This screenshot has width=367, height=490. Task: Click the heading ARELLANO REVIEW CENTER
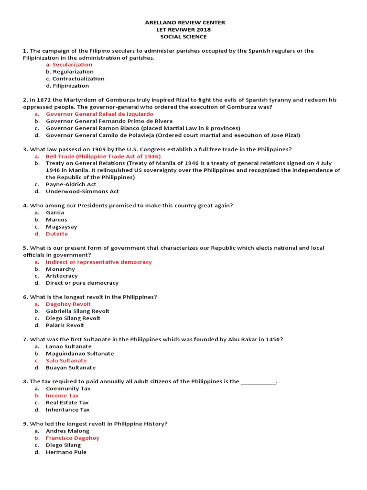[x=184, y=22]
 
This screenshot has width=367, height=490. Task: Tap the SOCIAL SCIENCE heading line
[x=184, y=37]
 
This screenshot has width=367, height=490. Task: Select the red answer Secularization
[x=72, y=65]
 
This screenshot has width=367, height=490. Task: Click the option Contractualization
[x=78, y=78]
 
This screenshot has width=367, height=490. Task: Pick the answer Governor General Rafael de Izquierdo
[x=99, y=114]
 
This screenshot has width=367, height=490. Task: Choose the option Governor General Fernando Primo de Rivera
[x=109, y=121]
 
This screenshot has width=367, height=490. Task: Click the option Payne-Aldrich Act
[x=71, y=184]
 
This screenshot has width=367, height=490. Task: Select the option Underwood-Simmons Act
[x=82, y=191]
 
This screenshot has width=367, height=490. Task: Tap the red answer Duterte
[x=57, y=234]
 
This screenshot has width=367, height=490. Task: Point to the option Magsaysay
[x=61, y=227]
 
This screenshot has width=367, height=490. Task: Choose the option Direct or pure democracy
[x=82, y=283]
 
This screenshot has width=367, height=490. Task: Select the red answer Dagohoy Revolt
[x=68, y=304]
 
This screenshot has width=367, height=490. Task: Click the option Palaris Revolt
[x=65, y=325]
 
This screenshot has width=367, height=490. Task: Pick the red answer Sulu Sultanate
[x=66, y=361]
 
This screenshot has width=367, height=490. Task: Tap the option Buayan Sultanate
[x=71, y=368]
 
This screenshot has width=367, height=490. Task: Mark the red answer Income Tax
[x=62, y=396]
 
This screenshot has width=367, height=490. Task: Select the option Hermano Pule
[x=66, y=452]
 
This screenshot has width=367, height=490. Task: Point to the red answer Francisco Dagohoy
[x=73, y=438]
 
